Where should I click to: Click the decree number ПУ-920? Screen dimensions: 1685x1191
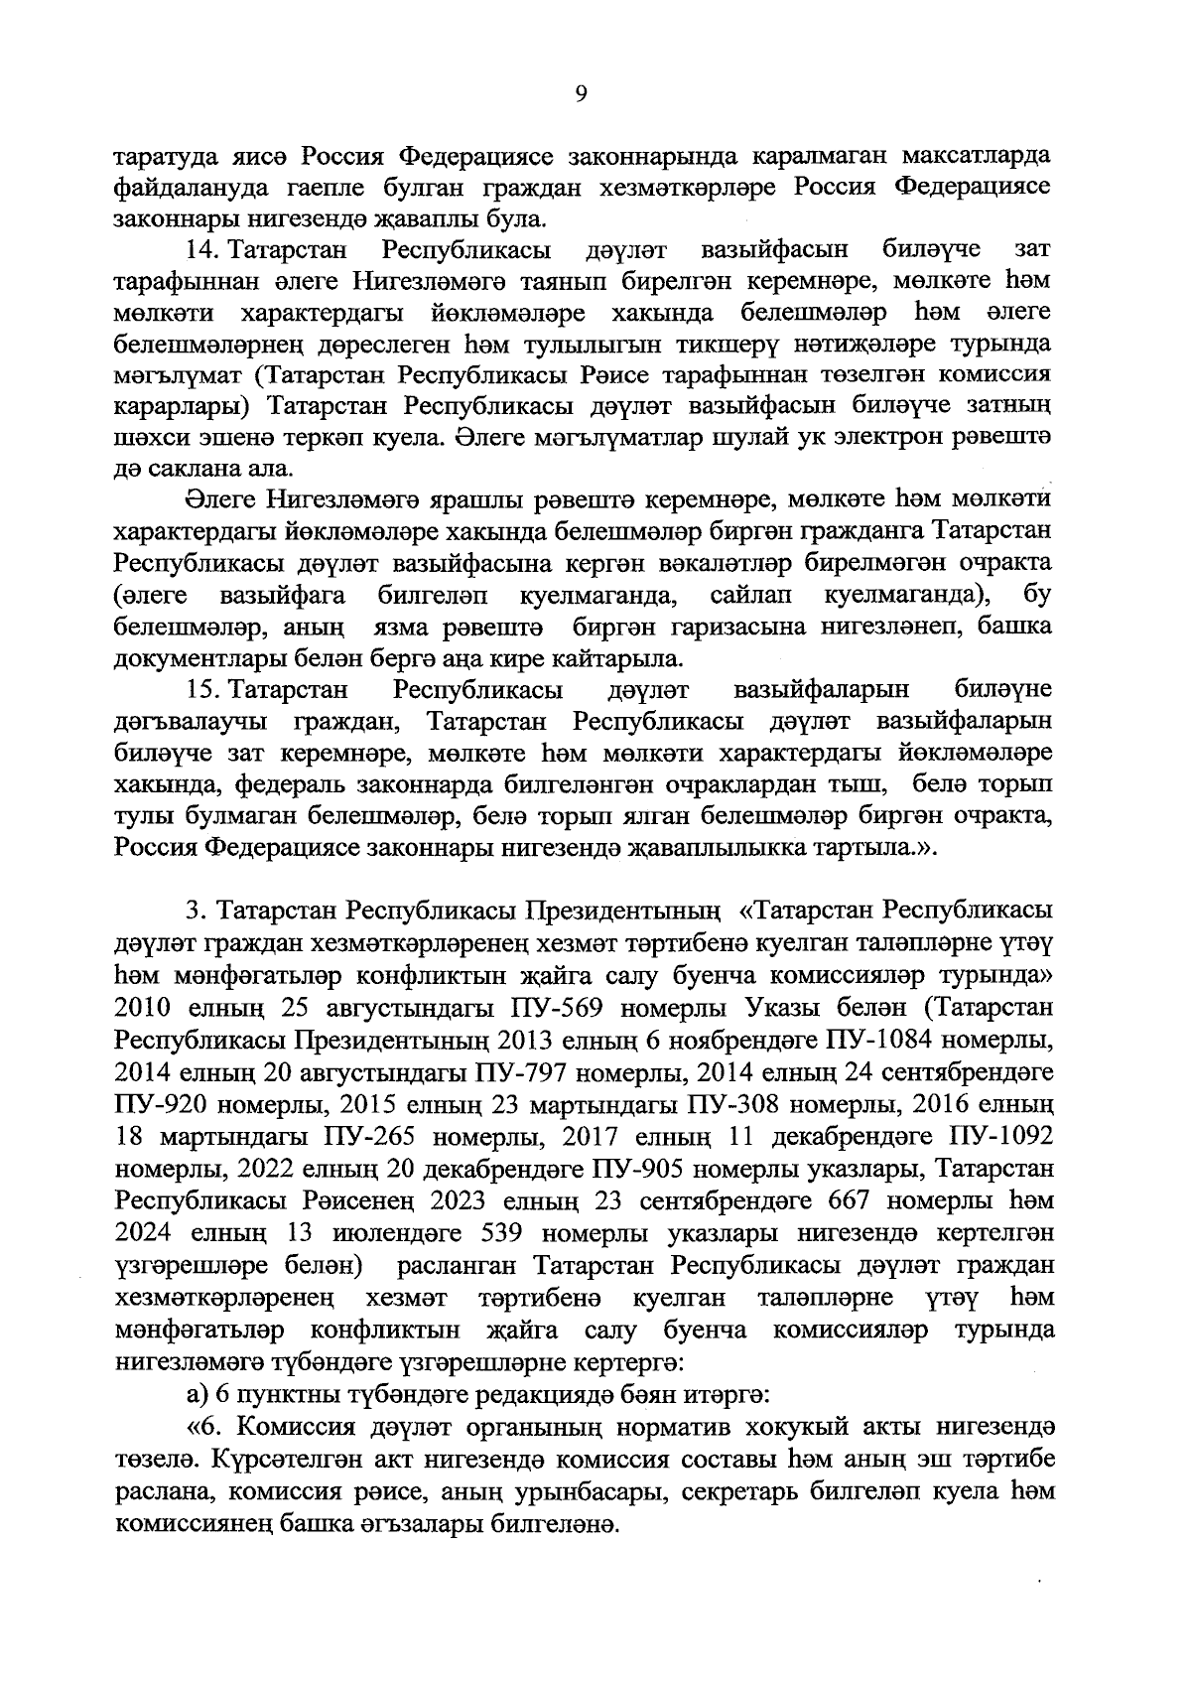[161, 1105]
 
